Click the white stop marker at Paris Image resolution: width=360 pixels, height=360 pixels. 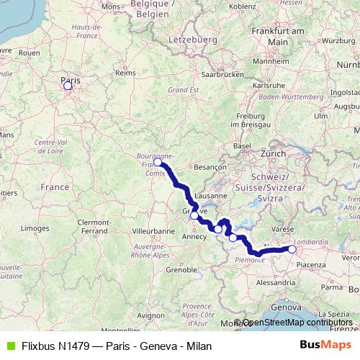point(68,86)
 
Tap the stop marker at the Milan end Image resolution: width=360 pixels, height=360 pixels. point(292,249)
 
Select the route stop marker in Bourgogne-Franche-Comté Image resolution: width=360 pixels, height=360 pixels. point(158,163)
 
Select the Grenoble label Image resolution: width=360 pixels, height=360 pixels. point(181,270)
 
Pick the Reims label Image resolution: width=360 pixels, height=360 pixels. point(125,73)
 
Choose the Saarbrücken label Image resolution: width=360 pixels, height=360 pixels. point(219,74)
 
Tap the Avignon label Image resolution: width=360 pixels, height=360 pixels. point(150,315)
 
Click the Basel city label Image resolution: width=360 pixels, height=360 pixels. point(241,145)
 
